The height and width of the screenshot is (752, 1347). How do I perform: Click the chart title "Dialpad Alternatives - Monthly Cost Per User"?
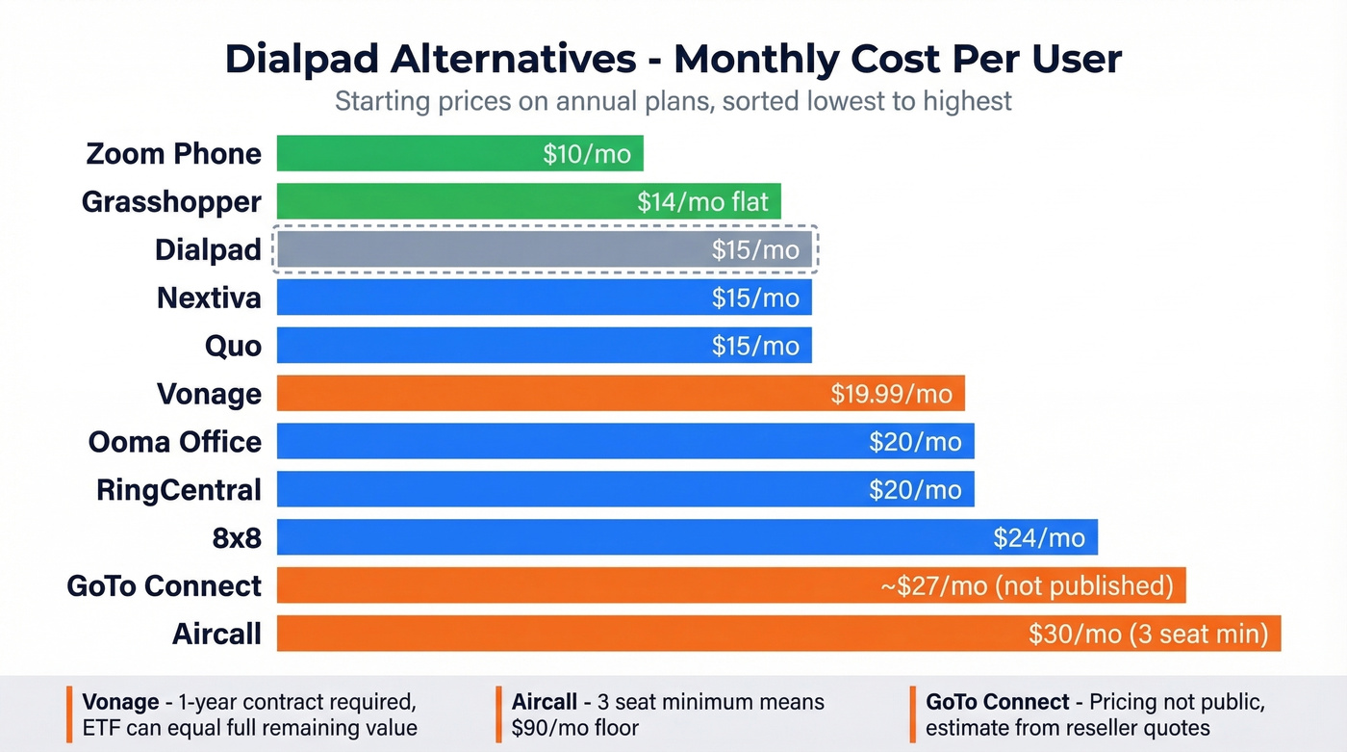pyautogui.click(x=673, y=60)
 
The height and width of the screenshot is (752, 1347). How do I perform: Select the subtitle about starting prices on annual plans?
pyautogui.click(x=673, y=101)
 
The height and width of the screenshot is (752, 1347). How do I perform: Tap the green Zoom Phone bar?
pyautogui.click(x=404, y=153)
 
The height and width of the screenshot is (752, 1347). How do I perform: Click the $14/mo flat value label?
pyautogui.click(x=702, y=201)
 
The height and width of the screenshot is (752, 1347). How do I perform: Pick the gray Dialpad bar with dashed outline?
pyautogui.click(x=481, y=249)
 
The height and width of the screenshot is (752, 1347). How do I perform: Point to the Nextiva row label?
pyautogui.click(x=209, y=298)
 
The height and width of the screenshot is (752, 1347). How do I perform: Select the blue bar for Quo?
pyautogui.click(x=481, y=346)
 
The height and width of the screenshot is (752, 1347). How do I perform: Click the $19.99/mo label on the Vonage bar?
pyautogui.click(x=891, y=394)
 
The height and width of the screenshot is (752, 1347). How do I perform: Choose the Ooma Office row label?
pyautogui.click(x=175, y=442)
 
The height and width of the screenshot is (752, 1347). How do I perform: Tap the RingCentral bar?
pyautogui.click(x=577, y=490)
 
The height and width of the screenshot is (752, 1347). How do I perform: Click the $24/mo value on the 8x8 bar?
pyautogui.click(x=1039, y=538)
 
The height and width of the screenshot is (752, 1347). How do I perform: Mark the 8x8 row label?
pyautogui.click(x=237, y=538)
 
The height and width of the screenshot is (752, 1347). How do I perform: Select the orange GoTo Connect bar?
pyautogui.click(x=577, y=586)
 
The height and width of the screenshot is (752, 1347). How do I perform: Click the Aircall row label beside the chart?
pyautogui.click(x=216, y=635)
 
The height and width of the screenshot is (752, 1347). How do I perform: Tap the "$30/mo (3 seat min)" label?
pyautogui.click(x=1148, y=635)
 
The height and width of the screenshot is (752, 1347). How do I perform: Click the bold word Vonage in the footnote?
pyautogui.click(x=120, y=702)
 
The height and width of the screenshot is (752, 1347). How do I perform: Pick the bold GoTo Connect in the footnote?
pyautogui.click(x=997, y=702)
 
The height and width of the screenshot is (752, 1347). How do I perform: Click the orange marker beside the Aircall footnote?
pyautogui.click(x=499, y=714)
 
